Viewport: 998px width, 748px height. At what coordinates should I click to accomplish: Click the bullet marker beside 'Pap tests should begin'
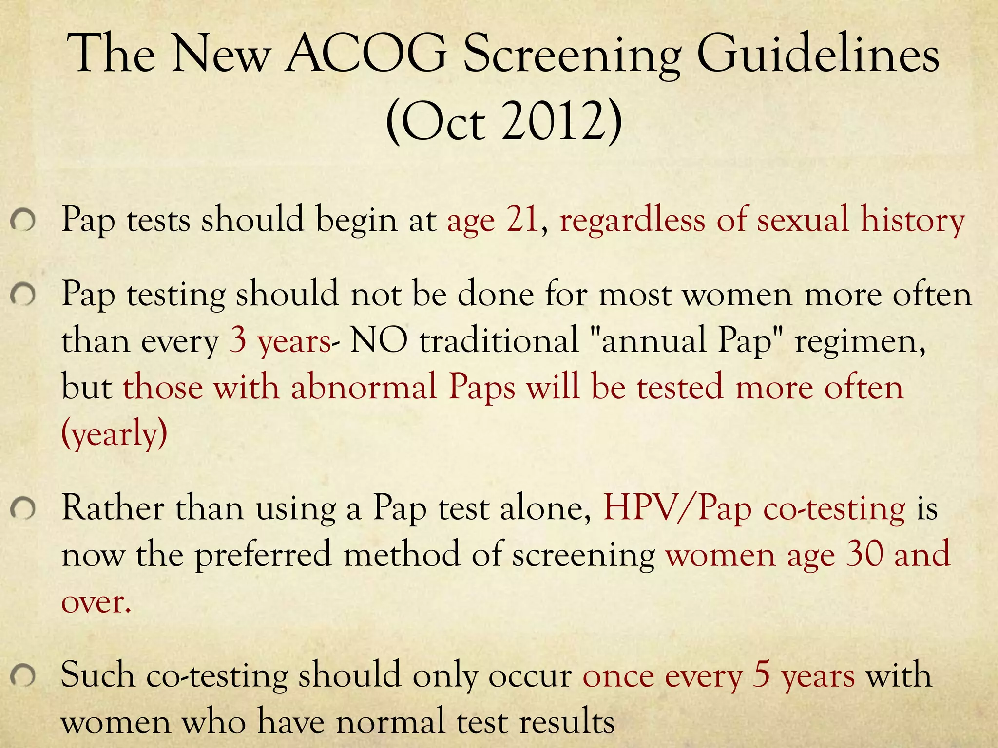[22, 222]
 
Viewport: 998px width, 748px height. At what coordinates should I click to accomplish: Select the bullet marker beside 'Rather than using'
[22, 509]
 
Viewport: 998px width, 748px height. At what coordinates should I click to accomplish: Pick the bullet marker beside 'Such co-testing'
[22, 676]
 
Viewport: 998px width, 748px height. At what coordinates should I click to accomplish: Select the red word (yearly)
[115, 433]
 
